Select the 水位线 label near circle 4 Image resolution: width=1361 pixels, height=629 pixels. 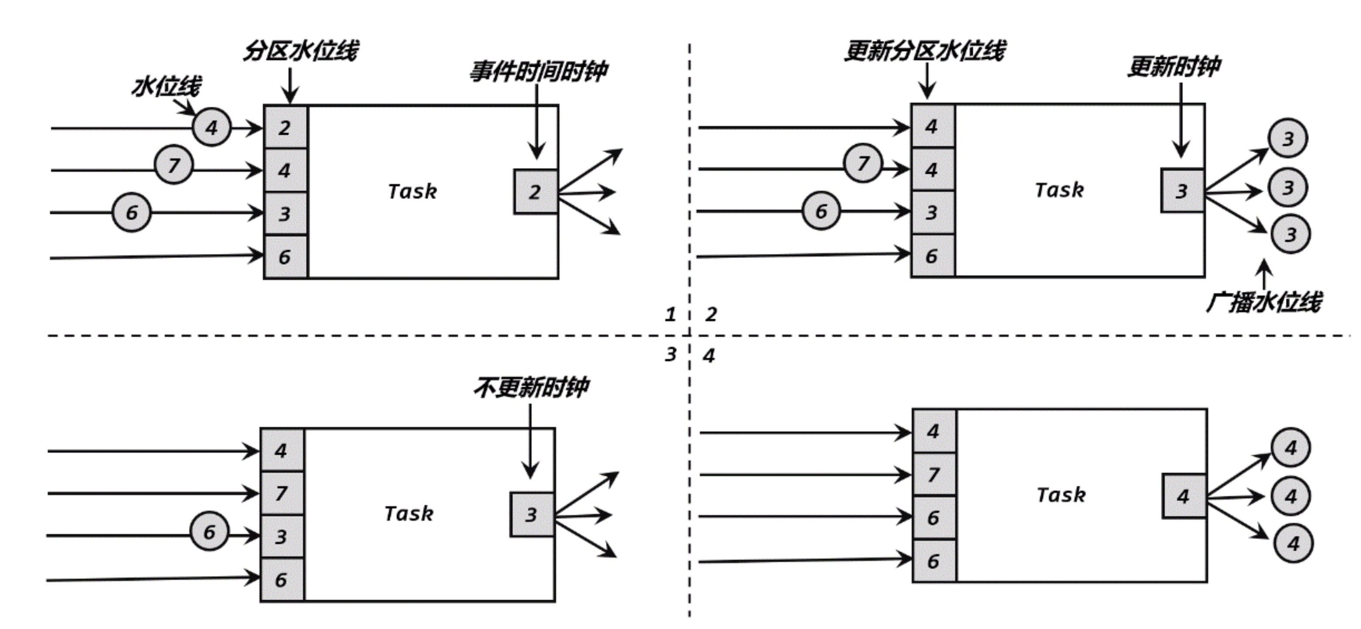[166, 86]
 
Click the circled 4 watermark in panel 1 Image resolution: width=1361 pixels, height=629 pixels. [211, 127]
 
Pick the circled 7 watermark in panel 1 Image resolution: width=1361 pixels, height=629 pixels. [174, 165]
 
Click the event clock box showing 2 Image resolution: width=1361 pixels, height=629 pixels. [535, 192]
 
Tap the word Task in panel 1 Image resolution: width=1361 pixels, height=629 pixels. [412, 191]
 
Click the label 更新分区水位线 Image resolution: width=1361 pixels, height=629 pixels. [925, 51]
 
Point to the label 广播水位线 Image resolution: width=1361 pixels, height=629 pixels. [1264, 302]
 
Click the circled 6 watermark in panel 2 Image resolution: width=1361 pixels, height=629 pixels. [821, 211]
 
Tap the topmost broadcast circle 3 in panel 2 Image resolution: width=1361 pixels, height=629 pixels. [1288, 139]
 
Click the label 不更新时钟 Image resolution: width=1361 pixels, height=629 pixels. [531, 388]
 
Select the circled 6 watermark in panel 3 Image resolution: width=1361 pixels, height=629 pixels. [209, 532]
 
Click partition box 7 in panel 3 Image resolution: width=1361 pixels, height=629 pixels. [282, 493]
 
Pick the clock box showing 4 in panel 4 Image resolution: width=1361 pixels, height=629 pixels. [1184, 496]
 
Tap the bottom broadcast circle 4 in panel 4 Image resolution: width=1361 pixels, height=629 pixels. [1293, 543]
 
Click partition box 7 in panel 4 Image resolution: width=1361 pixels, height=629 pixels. [934, 474]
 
